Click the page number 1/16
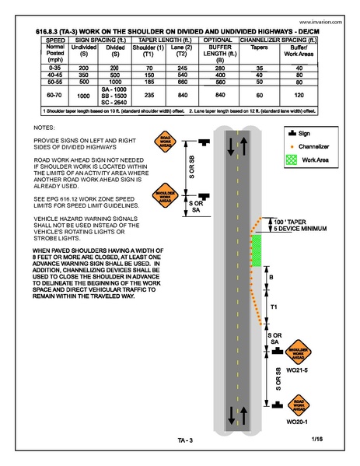[316, 440]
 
